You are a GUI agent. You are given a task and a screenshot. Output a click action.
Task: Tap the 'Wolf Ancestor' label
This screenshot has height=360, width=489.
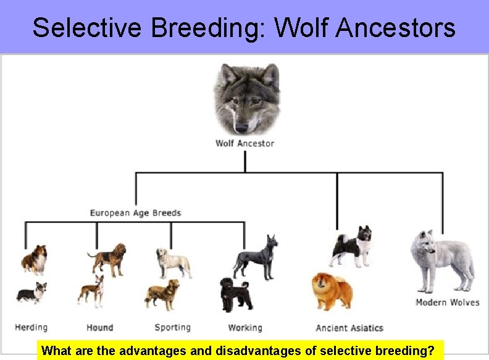244,143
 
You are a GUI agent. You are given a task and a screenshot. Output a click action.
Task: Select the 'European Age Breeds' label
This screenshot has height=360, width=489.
135,213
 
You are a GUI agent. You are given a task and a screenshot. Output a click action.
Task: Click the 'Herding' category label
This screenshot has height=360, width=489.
31,327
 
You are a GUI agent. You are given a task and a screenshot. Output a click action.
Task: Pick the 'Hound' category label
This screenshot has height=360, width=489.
99,327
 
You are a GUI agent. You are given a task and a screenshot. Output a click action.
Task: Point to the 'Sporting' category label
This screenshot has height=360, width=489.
172,327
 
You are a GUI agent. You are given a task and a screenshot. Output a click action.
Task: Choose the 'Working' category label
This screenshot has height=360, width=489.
245,327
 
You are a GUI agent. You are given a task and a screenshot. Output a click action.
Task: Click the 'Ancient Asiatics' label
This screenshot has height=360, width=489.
349,328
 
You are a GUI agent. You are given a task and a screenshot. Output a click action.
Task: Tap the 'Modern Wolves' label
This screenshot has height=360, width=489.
447,303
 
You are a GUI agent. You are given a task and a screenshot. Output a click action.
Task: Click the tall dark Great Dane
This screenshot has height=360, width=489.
256,256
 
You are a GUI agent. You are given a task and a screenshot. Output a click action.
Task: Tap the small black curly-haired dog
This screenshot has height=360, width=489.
235,295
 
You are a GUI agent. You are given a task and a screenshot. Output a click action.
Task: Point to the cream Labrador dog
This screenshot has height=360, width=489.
173,262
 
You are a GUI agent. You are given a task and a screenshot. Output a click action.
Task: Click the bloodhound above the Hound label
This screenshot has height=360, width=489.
108,258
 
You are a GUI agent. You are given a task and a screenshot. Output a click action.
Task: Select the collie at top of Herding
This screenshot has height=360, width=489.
35,259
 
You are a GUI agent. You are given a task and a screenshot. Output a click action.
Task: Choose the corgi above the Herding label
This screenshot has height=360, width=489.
31,294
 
